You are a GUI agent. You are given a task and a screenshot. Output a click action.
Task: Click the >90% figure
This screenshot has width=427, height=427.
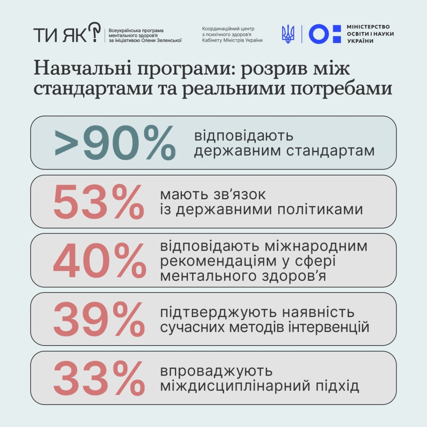click(115, 142)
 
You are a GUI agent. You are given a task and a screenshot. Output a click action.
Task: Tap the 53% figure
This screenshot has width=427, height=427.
click(99, 202)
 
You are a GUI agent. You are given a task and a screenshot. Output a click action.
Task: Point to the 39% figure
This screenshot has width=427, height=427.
click(99, 320)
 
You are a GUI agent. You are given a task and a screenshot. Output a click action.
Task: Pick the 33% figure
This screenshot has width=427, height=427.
click(99, 378)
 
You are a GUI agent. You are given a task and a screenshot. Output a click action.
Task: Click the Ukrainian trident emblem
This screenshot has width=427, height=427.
click(288, 34)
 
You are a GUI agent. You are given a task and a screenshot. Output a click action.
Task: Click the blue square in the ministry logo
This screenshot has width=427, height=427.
click(336, 34)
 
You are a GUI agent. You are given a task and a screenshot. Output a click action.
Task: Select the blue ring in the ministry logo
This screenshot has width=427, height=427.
click(319, 34)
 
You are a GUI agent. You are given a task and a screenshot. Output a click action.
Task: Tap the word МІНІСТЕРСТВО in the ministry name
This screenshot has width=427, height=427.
click(368, 27)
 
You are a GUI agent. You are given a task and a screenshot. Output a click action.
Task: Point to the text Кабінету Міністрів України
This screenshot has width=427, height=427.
click(232, 40)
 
